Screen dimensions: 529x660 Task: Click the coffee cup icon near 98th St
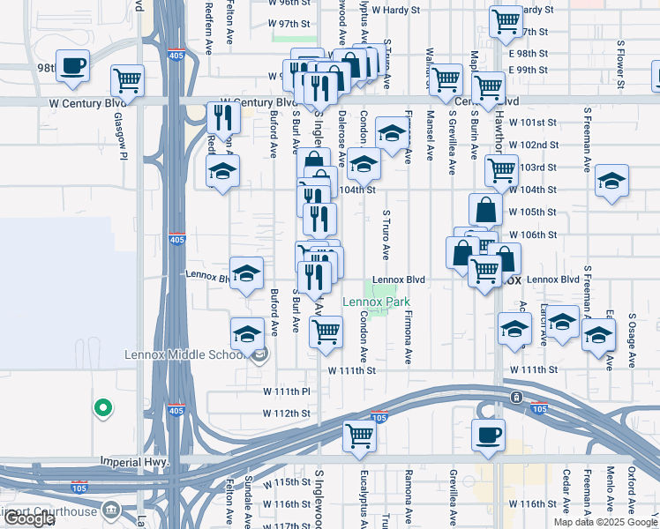(x=72, y=65)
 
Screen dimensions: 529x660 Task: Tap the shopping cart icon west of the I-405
(x=128, y=80)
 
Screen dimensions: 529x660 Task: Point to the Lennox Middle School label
(x=184, y=355)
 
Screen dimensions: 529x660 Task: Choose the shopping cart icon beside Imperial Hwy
(x=359, y=436)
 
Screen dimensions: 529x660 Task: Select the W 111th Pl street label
(x=288, y=390)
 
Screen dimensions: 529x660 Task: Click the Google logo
(x=28, y=518)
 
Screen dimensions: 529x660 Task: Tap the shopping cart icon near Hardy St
(x=506, y=21)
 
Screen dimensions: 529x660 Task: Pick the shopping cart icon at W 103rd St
(x=501, y=168)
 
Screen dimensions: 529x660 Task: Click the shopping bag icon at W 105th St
(x=485, y=210)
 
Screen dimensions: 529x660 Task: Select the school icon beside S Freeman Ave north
(x=611, y=181)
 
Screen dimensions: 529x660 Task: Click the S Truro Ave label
(x=386, y=235)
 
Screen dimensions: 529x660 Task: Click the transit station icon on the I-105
(x=514, y=397)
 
